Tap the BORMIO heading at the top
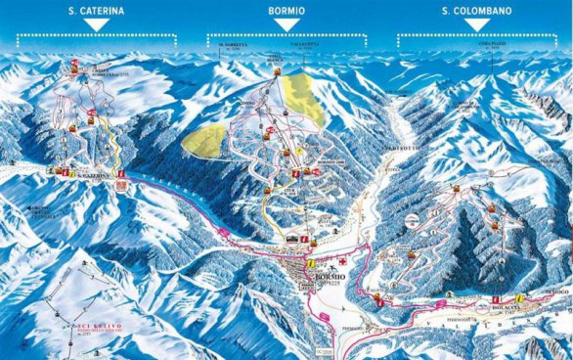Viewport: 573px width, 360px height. pos(286,11)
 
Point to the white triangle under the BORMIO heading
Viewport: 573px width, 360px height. pos(286,26)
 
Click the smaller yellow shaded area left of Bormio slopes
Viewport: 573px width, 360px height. pos(202,139)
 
